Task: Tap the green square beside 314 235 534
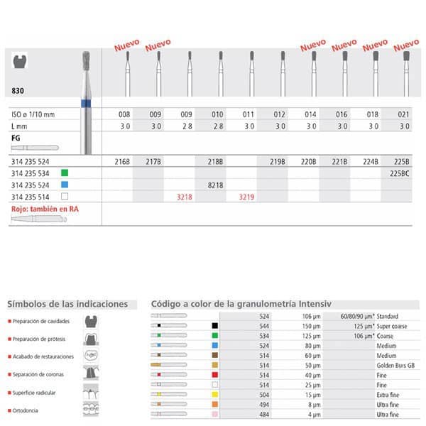click(x=64, y=173)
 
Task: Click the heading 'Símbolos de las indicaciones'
click(x=67, y=304)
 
